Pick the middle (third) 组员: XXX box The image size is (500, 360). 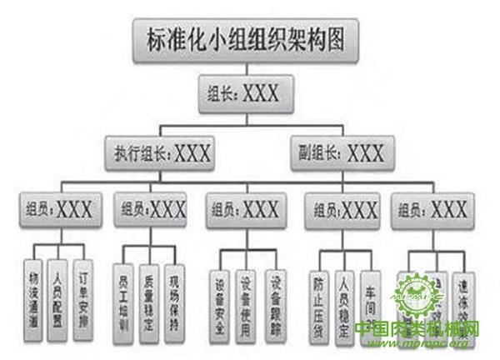tap(245, 209)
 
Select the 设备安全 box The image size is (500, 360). tap(221, 292)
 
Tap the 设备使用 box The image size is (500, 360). tap(245, 292)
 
